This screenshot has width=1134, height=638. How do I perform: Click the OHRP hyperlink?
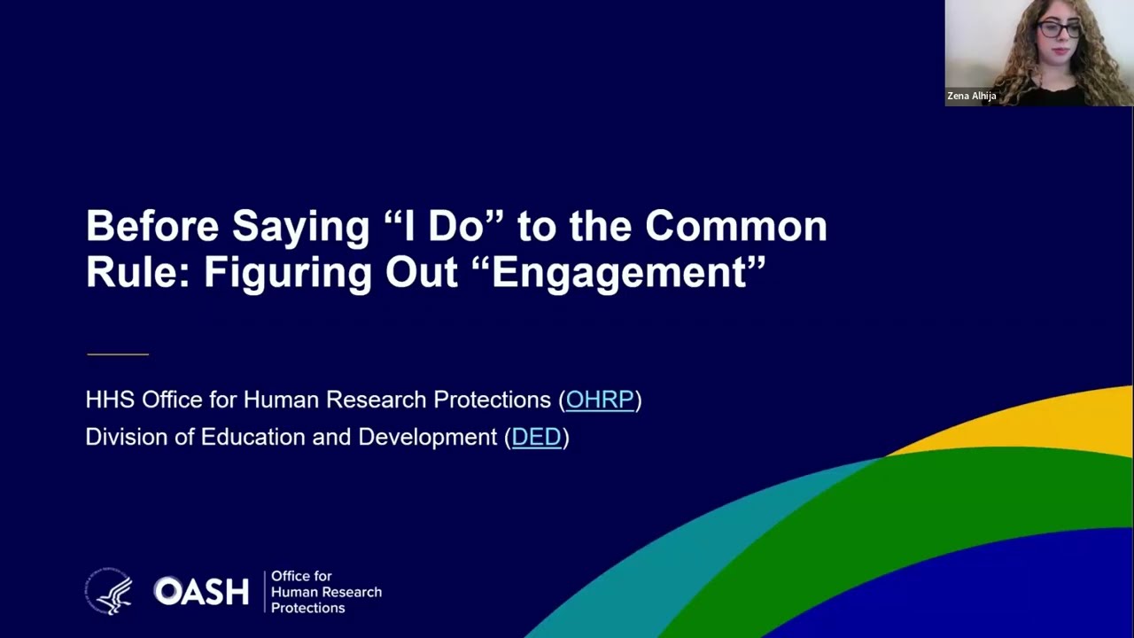pos(600,400)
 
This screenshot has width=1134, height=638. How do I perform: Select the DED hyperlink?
pos(537,437)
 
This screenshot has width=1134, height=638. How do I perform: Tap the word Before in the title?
pos(152,226)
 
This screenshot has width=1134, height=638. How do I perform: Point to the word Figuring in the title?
pos(287,274)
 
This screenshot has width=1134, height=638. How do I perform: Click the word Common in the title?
pos(736,226)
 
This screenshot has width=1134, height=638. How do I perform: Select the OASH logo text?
pos(201,591)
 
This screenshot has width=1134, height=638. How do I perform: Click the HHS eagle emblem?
pos(109,591)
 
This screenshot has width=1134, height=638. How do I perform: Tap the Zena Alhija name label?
pos(972,96)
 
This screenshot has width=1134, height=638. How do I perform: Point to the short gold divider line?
pos(118,354)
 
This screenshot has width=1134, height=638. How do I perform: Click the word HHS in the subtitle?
pos(110,400)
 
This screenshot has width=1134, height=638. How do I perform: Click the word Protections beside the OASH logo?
pos(307,608)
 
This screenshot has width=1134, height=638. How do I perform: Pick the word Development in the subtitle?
pos(427,437)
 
